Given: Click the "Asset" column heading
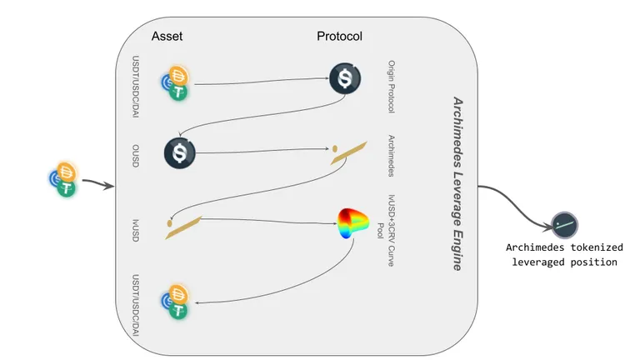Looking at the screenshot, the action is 167,37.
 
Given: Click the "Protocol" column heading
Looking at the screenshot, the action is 339,37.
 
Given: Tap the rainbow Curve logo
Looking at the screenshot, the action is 353,222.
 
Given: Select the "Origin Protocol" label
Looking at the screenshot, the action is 391,87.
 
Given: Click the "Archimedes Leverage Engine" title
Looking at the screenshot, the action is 458,183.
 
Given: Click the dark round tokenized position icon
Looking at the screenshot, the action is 564,225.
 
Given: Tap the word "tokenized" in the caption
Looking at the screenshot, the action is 597,247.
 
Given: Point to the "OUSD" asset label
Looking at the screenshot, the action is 136,156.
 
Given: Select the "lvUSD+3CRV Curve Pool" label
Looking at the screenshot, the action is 386,231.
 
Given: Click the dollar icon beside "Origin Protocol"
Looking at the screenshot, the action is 345,78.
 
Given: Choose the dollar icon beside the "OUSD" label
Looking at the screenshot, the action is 180,153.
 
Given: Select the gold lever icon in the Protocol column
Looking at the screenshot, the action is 348,152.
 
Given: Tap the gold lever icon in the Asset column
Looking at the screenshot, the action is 183,227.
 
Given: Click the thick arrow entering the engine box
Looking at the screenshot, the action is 98,183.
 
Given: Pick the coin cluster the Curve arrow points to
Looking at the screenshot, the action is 175,301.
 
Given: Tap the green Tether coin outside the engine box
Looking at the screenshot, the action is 67,188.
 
